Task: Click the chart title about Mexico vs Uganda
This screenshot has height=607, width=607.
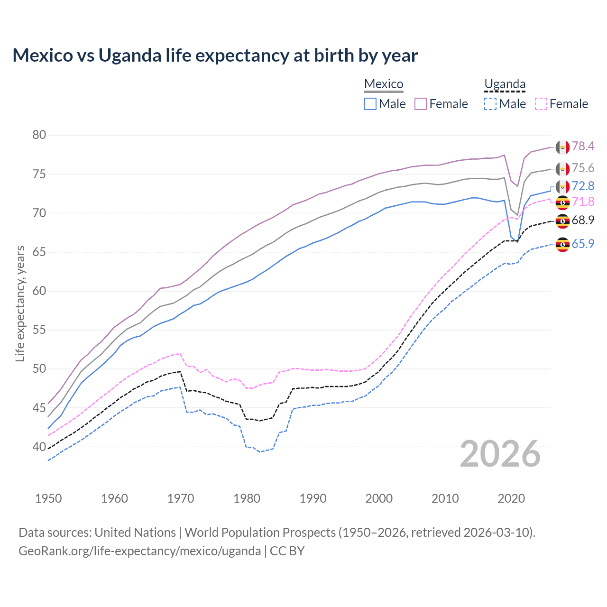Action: tap(215, 55)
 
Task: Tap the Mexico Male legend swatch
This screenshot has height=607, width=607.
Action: tap(370, 104)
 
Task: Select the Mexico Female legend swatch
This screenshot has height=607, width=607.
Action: tap(421, 104)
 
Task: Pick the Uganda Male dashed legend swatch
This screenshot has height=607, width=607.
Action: tap(490, 104)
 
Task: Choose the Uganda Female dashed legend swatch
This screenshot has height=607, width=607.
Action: tap(541, 104)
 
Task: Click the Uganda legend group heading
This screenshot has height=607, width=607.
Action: tap(505, 84)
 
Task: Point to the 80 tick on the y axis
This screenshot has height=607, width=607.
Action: tap(39, 135)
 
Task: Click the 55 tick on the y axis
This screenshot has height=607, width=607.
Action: tap(39, 330)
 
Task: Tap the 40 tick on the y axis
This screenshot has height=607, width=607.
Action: tap(39, 447)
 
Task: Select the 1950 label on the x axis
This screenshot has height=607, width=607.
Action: tap(48, 498)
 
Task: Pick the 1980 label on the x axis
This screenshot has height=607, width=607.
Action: tap(247, 498)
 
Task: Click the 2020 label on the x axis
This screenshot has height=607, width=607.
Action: tap(511, 498)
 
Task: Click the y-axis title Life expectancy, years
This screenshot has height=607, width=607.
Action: tap(20, 303)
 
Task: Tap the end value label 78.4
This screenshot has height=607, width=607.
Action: tap(583, 146)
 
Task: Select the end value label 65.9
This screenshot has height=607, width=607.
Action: tap(583, 244)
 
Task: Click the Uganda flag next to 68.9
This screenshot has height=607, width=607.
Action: tap(562, 221)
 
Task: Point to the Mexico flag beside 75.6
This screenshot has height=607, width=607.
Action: tap(562, 169)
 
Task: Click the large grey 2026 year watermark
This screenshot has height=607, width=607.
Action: tap(500, 454)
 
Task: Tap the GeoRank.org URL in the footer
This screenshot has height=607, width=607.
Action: tap(139, 551)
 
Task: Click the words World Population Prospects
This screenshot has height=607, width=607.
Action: tap(260, 533)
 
